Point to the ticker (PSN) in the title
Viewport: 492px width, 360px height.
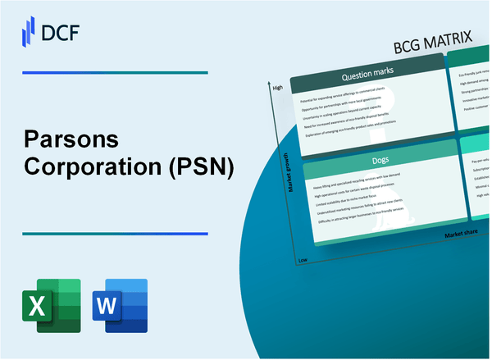click(202, 167)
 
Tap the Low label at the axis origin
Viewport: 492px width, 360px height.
click(303, 260)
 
